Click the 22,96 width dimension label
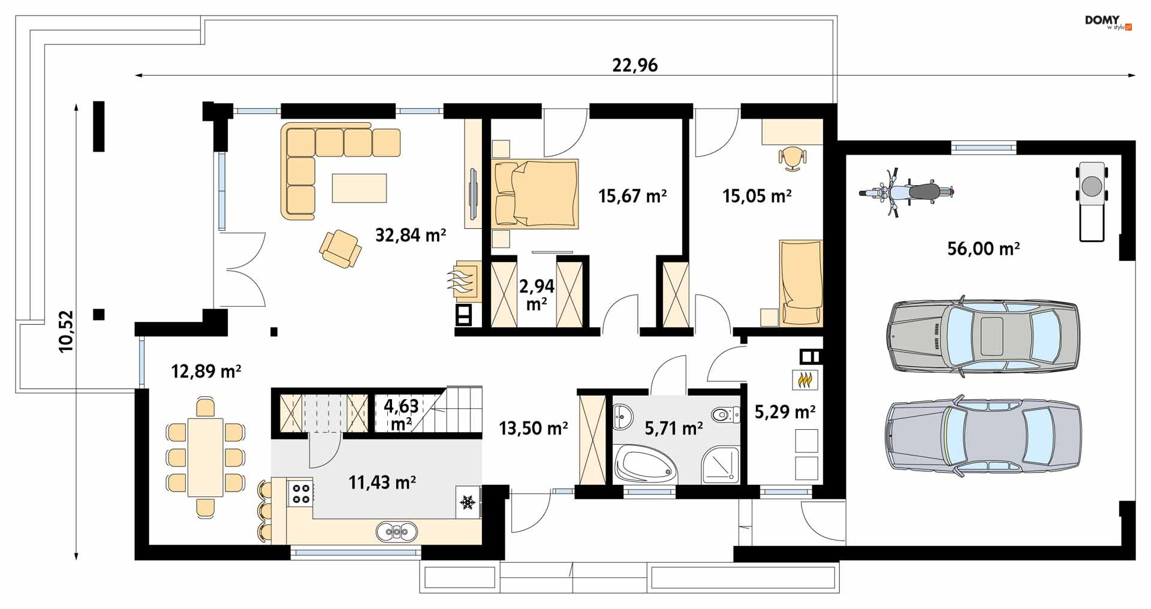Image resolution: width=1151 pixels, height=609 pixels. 635,65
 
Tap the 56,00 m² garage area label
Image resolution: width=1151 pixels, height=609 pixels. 984,248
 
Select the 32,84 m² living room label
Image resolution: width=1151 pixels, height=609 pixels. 411,234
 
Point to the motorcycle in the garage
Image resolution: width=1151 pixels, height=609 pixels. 906,192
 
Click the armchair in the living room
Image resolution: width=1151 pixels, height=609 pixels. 341,248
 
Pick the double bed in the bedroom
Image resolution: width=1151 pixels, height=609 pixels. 535,194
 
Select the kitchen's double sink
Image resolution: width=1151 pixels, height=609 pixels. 397,531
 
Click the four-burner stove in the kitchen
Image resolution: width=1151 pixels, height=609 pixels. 300,492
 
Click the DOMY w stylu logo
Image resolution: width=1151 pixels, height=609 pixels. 1108,23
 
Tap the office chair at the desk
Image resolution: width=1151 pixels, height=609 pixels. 793,158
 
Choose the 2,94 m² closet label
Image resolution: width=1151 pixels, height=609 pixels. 537,294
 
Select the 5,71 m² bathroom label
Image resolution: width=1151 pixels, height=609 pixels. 674,428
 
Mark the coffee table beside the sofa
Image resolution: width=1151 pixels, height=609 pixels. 360,188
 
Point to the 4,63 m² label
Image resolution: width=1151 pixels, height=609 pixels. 402,414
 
